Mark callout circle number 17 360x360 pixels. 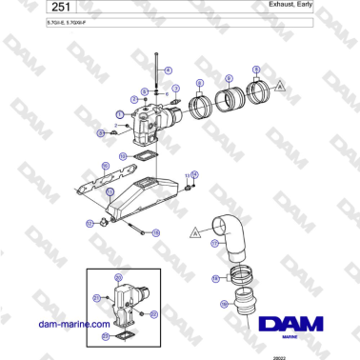coord(215,243)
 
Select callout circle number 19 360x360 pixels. coord(224,306)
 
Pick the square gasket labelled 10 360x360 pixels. coord(143,150)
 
